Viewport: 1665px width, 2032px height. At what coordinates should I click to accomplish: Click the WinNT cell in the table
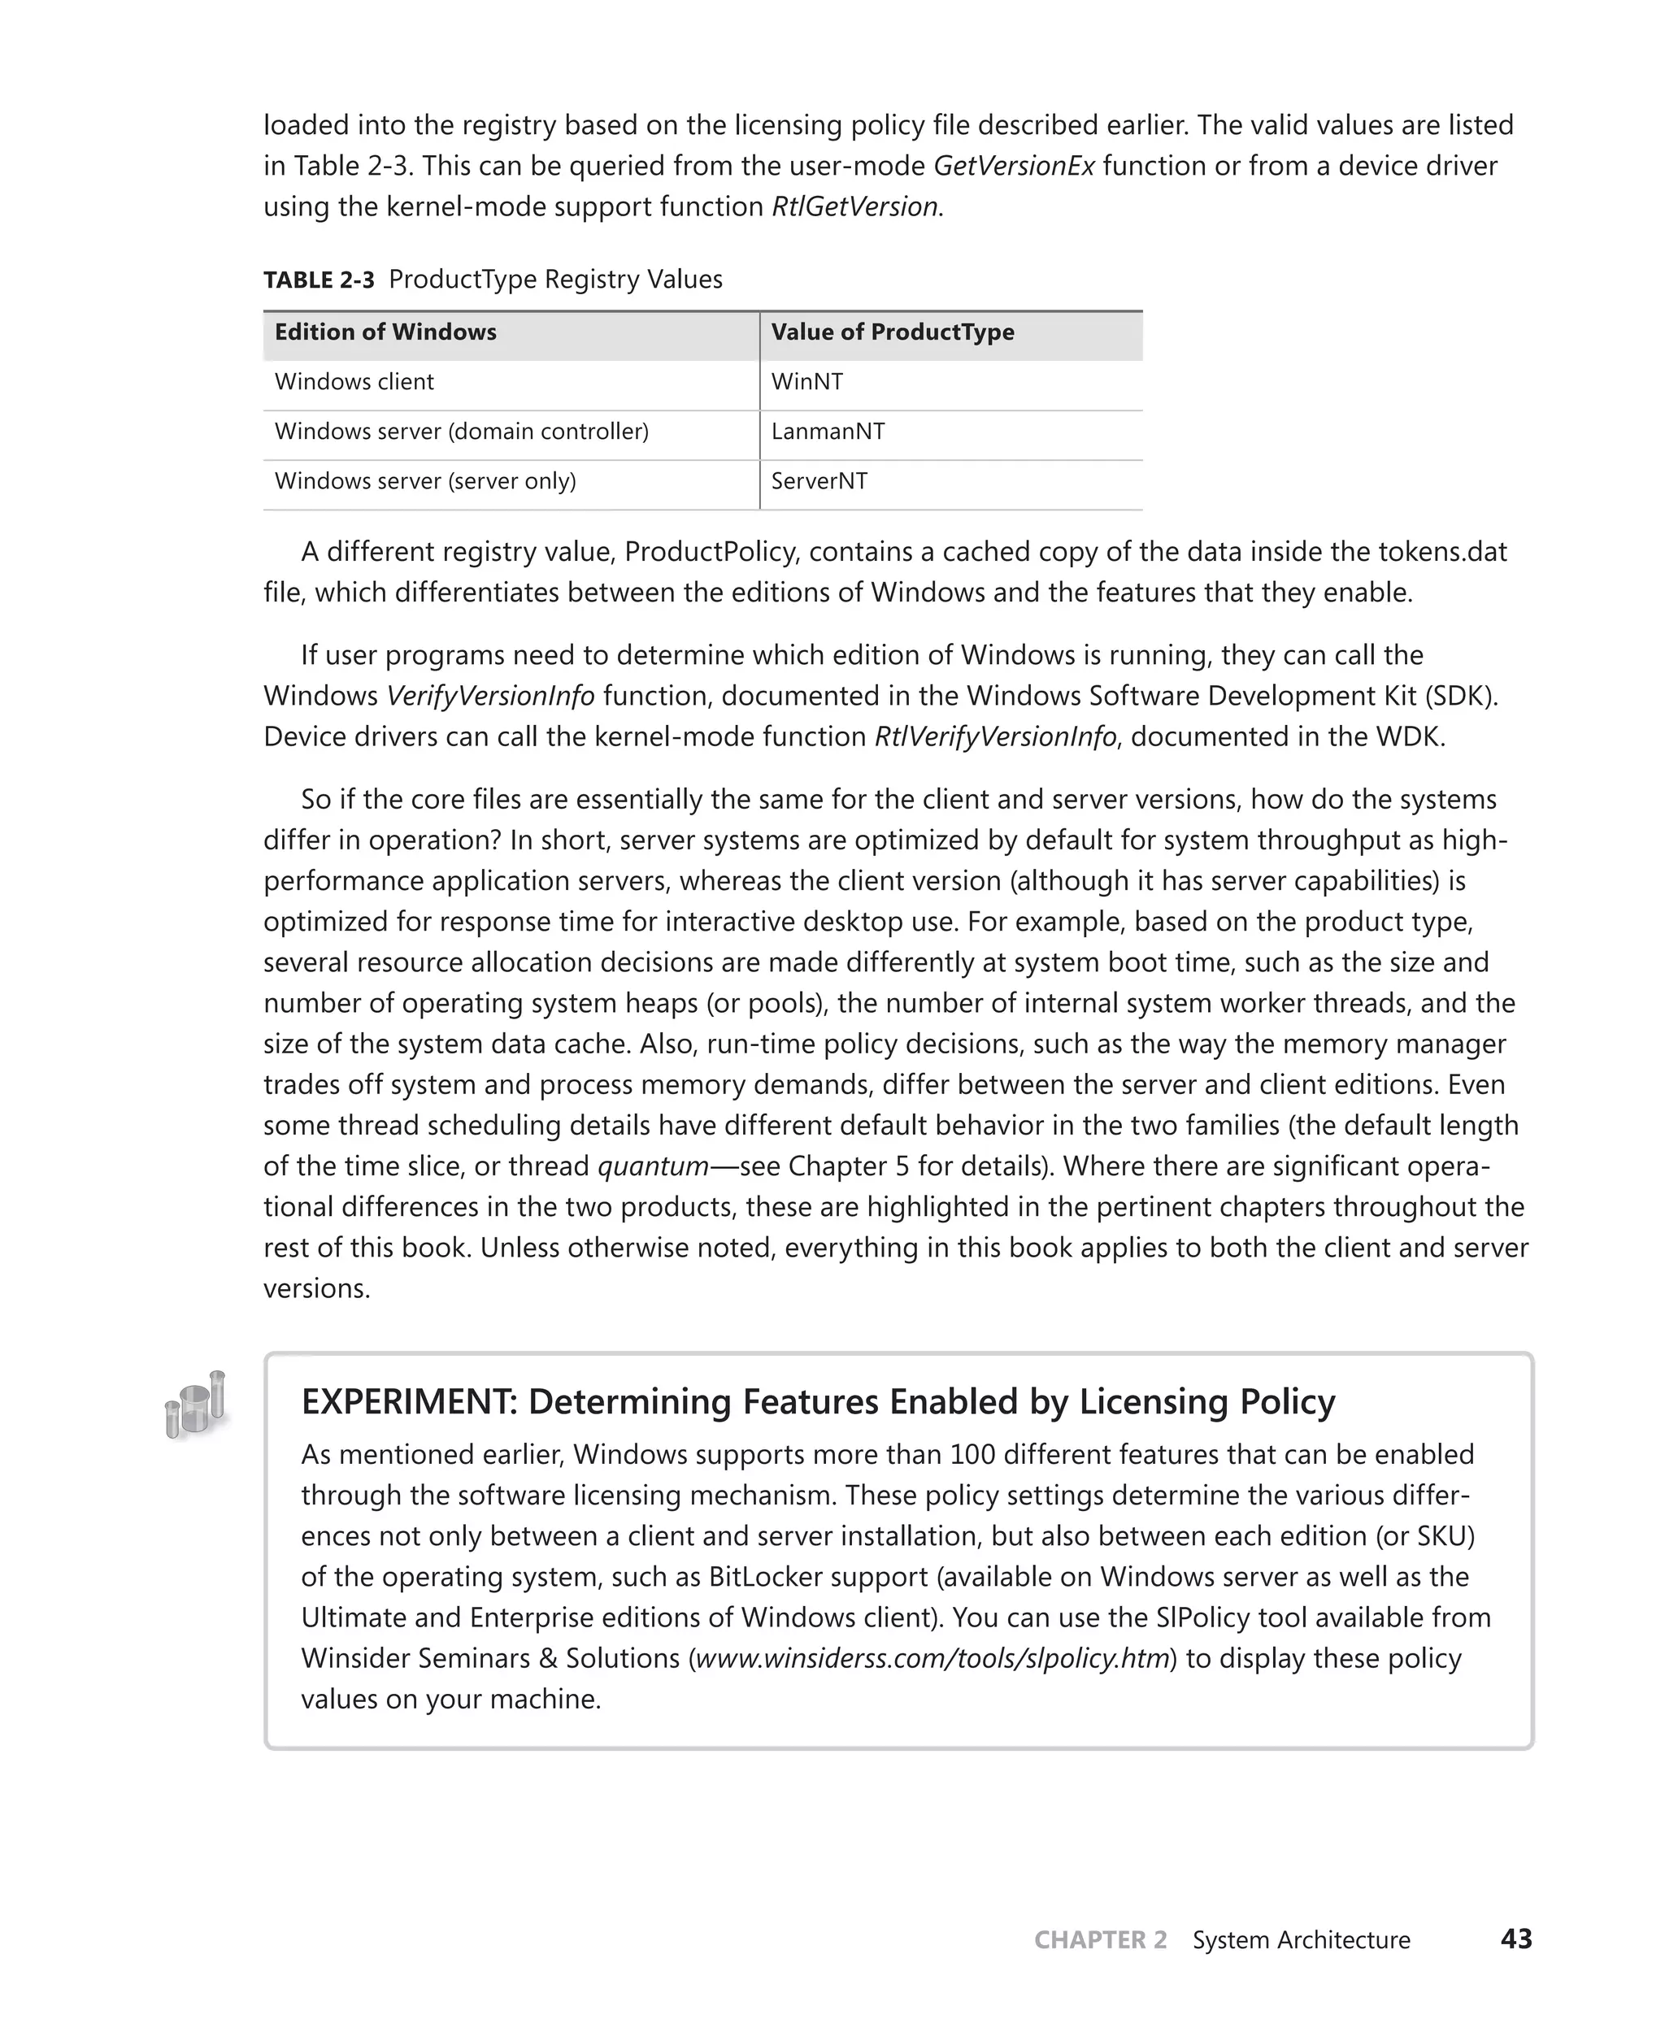pyautogui.click(x=806, y=382)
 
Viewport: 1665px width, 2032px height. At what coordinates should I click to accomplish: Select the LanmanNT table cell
pyautogui.click(x=828, y=432)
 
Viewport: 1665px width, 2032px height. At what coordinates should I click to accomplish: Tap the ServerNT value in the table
pyautogui.click(x=819, y=481)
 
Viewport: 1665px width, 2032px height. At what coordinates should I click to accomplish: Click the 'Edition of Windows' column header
pyautogui.click(x=385, y=332)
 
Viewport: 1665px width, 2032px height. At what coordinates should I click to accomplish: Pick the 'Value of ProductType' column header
pyautogui.click(x=892, y=332)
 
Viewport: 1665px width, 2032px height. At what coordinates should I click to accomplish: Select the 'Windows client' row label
pyautogui.click(x=354, y=382)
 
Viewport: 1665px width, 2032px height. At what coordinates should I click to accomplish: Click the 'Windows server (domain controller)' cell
pyautogui.click(x=461, y=432)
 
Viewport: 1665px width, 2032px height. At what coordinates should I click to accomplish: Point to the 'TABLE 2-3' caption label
pyautogui.click(x=319, y=280)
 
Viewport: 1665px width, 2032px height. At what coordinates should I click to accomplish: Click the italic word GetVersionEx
pyautogui.click(x=1014, y=166)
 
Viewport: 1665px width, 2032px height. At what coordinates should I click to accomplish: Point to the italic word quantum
pyautogui.click(x=652, y=1166)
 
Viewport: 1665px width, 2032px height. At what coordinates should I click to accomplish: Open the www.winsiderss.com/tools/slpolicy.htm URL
pyautogui.click(x=932, y=1658)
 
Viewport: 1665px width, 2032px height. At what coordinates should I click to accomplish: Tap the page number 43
pyautogui.click(x=1516, y=1939)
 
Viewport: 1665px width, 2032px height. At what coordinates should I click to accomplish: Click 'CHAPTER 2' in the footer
pyautogui.click(x=1100, y=1940)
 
